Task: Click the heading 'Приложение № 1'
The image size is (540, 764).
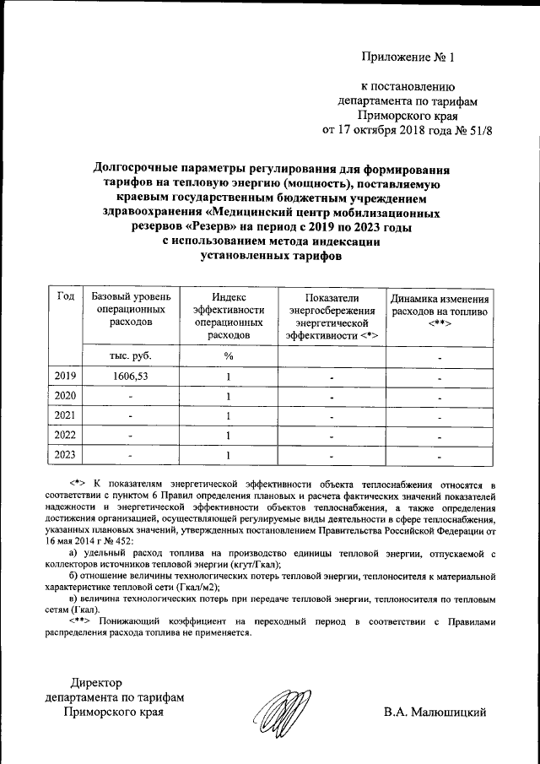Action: pos(408,58)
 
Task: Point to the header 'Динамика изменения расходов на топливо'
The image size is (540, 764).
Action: pos(440,311)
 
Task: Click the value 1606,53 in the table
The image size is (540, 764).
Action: pos(131,376)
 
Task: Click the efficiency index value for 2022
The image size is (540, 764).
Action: pos(228,436)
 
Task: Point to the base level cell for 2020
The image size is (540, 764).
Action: pos(131,396)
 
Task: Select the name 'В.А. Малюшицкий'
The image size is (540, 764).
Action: pos(435,713)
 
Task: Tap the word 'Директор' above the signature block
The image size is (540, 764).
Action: pos(97,682)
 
